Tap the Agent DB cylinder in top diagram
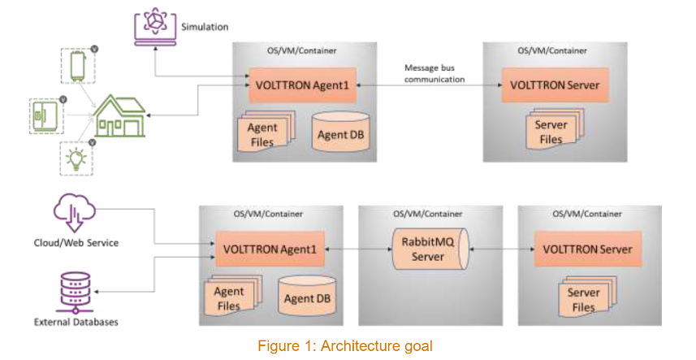coord(341,132)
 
